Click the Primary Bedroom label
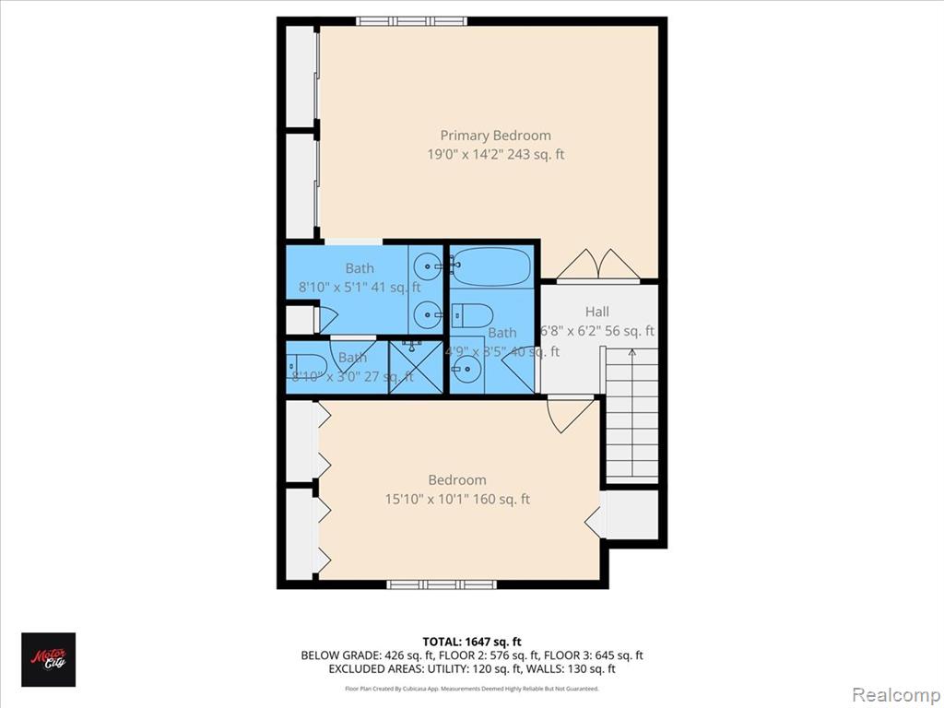pos(495,136)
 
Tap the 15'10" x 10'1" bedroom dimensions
pos(457,500)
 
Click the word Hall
pos(596,312)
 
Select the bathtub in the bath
pos(490,266)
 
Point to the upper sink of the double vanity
pos(429,267)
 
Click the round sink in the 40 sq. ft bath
pos(466,372)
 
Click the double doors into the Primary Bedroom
pos(598,265)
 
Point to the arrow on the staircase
pos(631,353)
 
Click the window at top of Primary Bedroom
pos(411,20)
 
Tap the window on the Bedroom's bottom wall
pos(441,584)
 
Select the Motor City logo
pos(48,660)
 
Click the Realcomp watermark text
pos(891,692)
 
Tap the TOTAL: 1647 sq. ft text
pos(472,642)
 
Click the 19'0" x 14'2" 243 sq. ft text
pos(495,155)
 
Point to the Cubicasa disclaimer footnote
pos(472,688)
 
